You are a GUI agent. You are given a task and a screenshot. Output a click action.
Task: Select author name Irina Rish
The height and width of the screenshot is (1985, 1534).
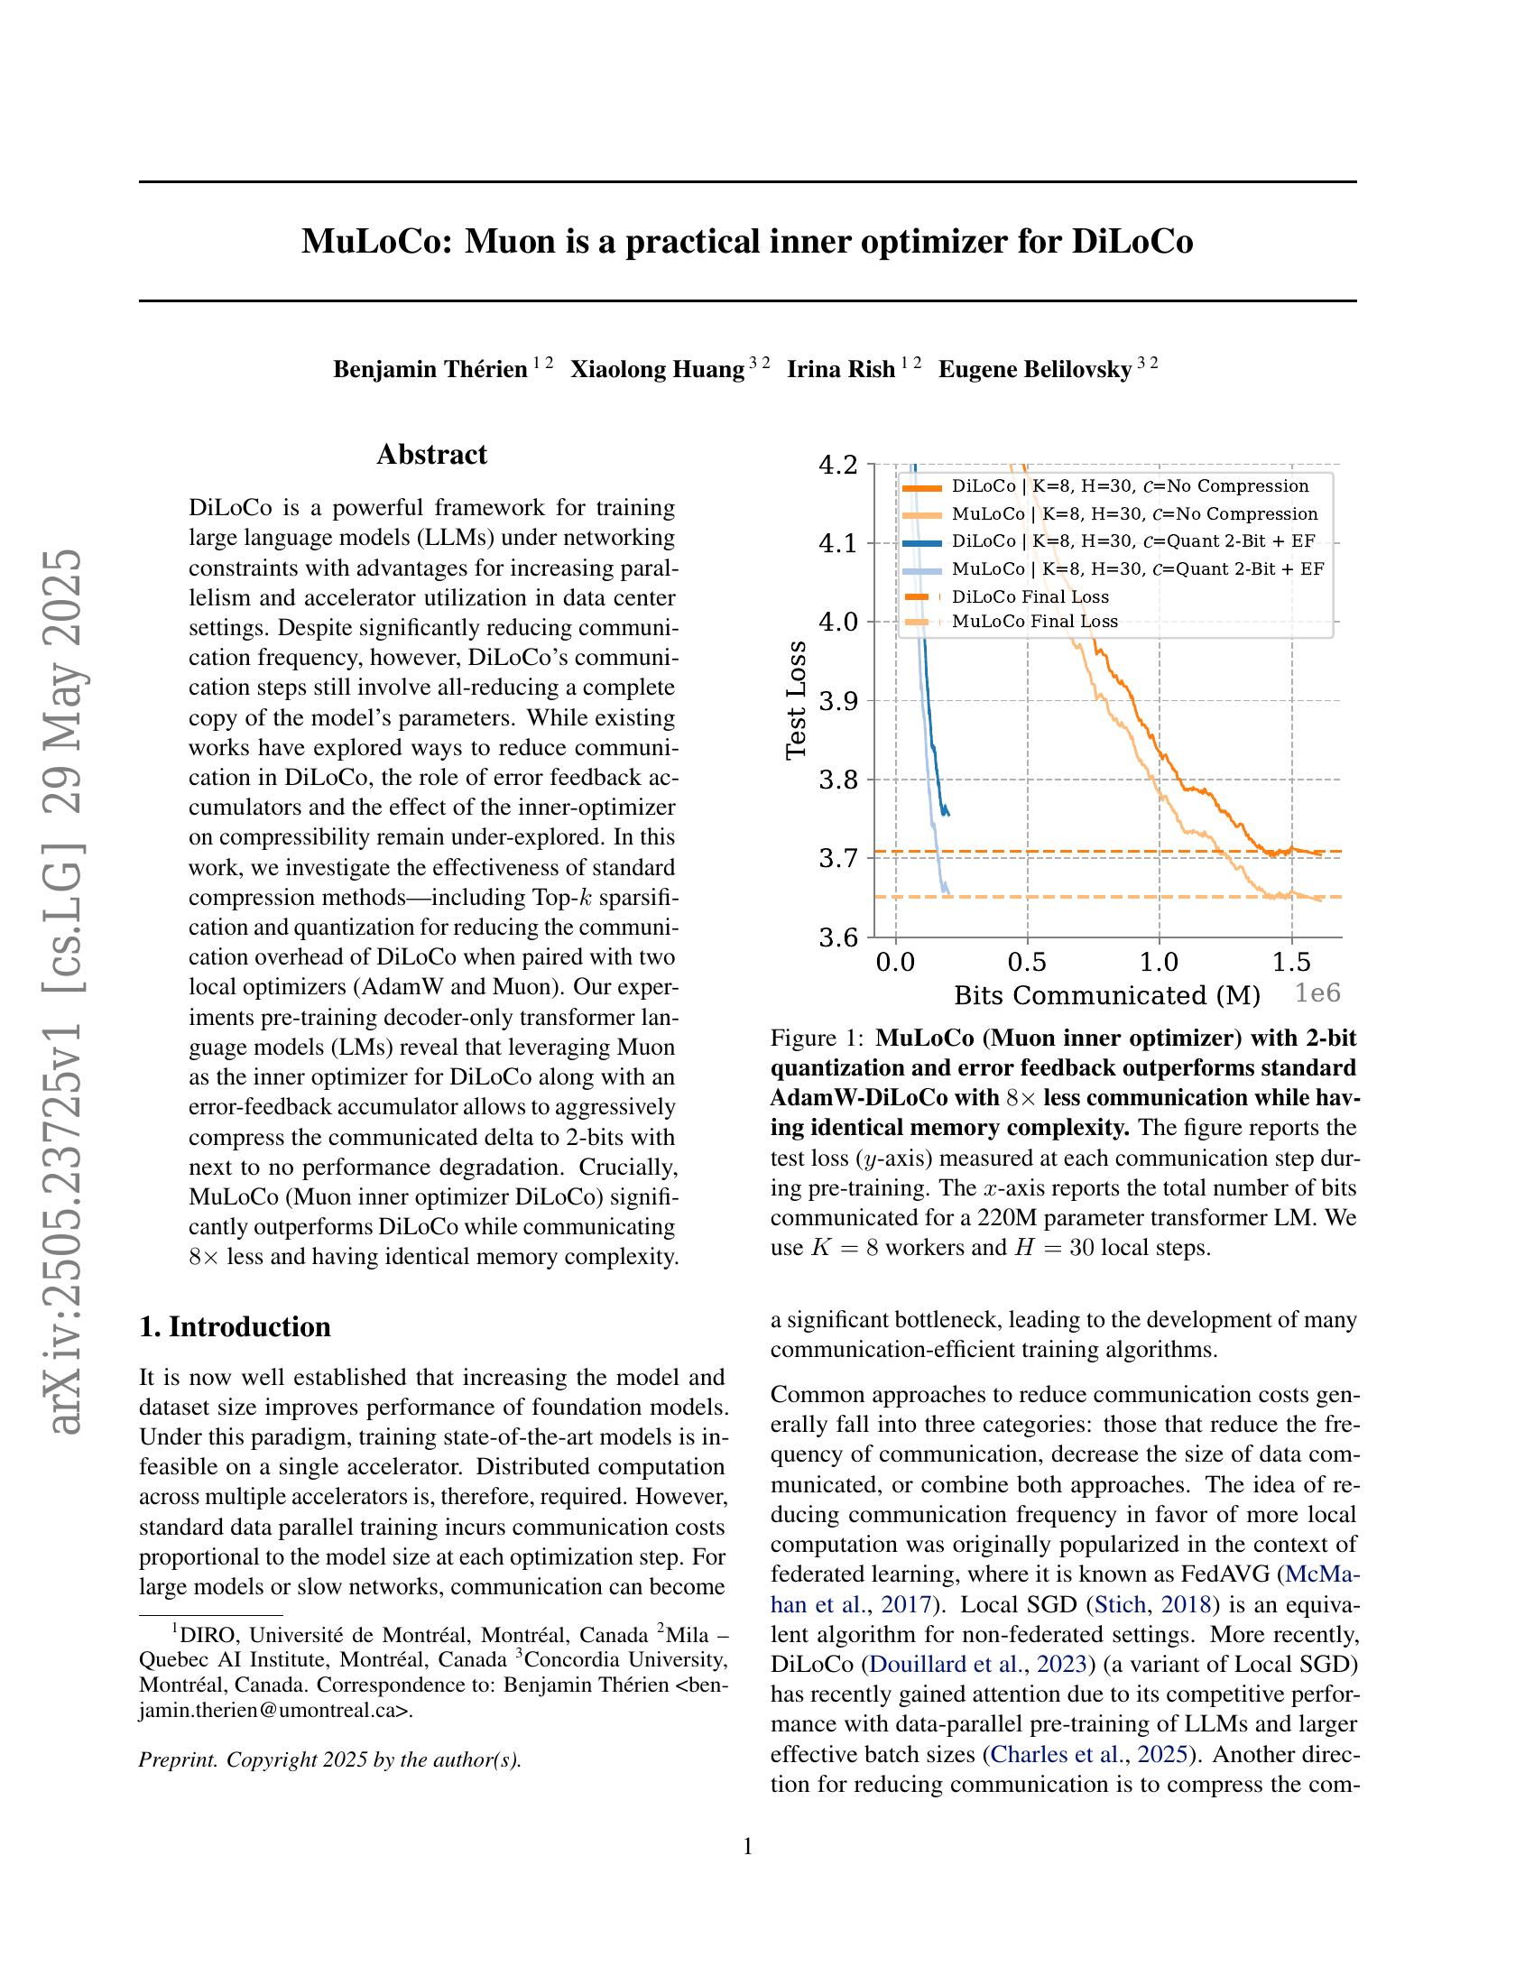coord(841,369)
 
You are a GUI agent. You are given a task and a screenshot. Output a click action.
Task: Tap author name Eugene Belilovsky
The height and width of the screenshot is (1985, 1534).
coord(1034,369)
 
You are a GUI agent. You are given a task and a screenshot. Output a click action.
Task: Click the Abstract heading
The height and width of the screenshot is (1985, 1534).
coord(431,455)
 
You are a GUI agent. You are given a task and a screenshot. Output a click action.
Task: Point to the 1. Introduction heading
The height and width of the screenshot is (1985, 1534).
coord(235,1326)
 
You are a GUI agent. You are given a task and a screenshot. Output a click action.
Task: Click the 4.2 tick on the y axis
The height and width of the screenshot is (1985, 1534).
coord(838,466)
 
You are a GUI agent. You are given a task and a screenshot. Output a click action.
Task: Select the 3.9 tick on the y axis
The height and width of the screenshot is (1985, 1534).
coord(838,701)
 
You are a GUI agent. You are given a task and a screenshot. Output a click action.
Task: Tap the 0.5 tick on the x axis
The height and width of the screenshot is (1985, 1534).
coord(1027,962)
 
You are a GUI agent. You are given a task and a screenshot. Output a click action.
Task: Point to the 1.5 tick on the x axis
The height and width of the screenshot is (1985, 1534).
coord(1290,962)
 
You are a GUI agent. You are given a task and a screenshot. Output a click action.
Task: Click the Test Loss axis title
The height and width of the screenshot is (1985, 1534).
coord(796,700)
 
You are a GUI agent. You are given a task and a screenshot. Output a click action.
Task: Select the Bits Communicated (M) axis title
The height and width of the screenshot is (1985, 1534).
coord(1106,995)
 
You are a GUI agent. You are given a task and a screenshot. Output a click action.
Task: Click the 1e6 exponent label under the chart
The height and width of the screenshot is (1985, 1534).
coord(1317,993)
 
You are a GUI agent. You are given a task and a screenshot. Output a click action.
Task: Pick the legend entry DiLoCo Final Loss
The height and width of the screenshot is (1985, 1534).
coord(1030,597)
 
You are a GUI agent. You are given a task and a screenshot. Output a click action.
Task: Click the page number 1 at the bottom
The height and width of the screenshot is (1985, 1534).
coord(748,1847)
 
